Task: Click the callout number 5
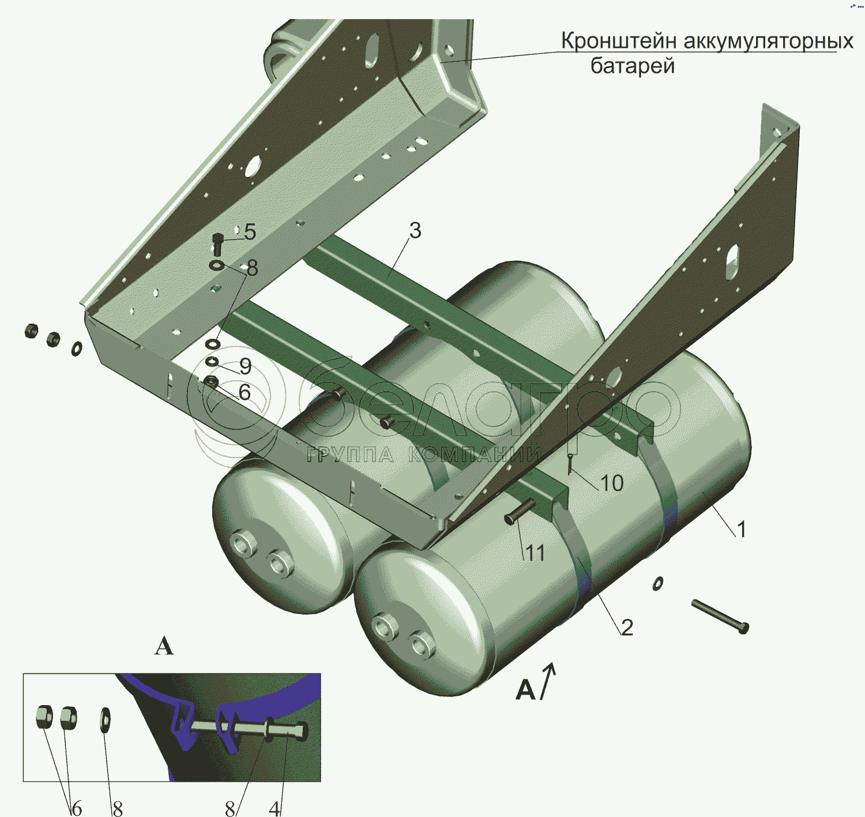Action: (250, 232)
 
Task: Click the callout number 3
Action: (415, 230)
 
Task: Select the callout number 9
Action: (246, 366)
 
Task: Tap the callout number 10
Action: (612, 483)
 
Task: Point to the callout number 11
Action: (535, 554)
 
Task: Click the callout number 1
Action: (741, 529)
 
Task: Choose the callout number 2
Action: (627, 628)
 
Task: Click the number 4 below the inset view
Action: (274, 808)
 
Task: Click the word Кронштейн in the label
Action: (619, 41)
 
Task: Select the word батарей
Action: (633, 66)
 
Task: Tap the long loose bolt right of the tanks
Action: (720, 617)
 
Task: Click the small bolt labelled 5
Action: (218, 244)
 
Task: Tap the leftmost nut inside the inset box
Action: (44, 717)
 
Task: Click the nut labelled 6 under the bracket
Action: (211, 382)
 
